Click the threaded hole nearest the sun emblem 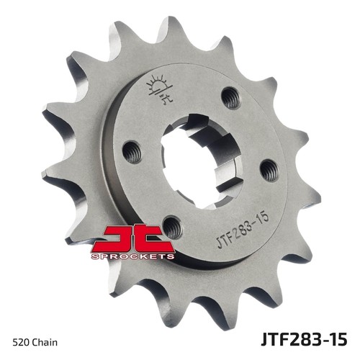231,98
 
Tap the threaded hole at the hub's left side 132,153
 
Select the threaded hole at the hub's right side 269,170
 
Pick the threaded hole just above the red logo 172,227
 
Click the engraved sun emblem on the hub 160,89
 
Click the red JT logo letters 132,238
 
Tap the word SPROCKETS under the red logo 132,256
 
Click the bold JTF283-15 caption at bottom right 304,339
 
